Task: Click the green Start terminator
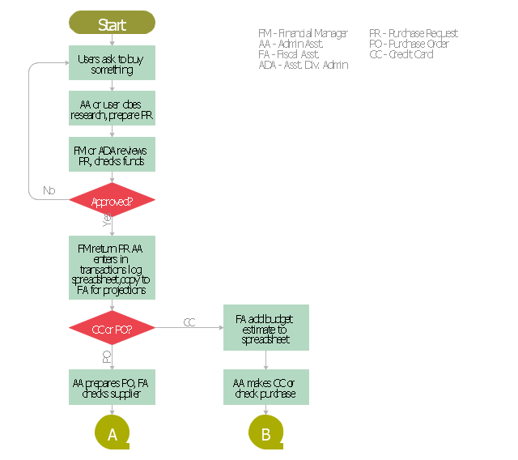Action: [x=112, y=24]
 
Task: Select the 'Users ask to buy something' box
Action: [x=112, y=63]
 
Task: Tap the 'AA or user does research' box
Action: [x=112, y=109]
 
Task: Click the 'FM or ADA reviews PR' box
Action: [x=112, y=155]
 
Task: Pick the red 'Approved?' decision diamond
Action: [x=112, y=201]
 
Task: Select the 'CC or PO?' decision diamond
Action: [x=112, y=328]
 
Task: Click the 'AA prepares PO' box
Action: [x=112, y=387]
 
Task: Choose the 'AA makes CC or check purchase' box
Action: [x=265, y=387]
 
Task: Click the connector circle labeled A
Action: [x=113, y=434]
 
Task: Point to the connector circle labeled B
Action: [x=265, y=434]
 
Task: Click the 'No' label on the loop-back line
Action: [x=49, y=191]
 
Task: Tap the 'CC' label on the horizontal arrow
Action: [x=189, y=322]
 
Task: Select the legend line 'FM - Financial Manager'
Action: [x=303, y=33]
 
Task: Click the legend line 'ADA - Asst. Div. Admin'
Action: [x=303, y=65]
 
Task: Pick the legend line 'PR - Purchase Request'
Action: [x=413, y=33]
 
